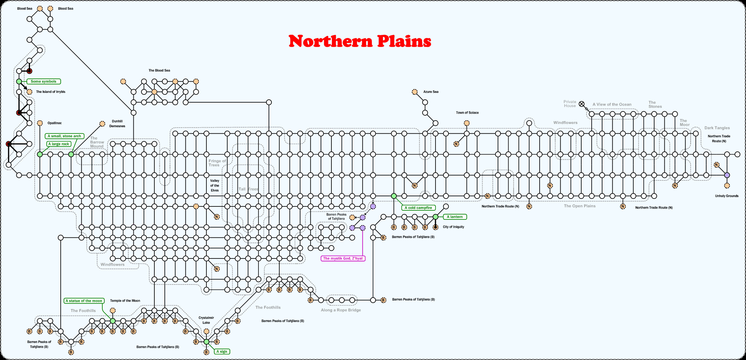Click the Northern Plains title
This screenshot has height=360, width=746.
point(360,41)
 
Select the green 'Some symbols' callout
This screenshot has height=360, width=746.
point(43,82)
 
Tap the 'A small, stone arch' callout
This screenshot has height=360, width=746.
point(64,136)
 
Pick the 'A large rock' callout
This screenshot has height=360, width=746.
point(59,144)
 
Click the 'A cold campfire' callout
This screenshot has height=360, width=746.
point(418,208)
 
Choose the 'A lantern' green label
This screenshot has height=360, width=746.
point(455,217)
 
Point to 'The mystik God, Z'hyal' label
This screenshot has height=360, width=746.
point(343,258)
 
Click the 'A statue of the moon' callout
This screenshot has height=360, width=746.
point(84,301)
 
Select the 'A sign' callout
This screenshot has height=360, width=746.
point(222,351)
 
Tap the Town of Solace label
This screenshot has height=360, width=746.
point(467,113)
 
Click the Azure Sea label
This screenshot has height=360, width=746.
point(431,92)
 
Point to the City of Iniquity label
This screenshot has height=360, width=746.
point(453,227)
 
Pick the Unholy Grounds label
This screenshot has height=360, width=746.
point(726,196)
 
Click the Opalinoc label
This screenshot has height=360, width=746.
point(55,123)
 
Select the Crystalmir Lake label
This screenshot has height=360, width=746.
point(206,320)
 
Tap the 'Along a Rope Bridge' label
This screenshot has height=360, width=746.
point(341,310)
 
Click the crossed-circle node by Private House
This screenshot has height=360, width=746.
point(582,104)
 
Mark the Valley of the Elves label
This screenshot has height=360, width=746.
point(215,185)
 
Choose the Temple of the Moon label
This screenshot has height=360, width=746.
point(125,301)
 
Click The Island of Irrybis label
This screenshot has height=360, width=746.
point(51,92)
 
